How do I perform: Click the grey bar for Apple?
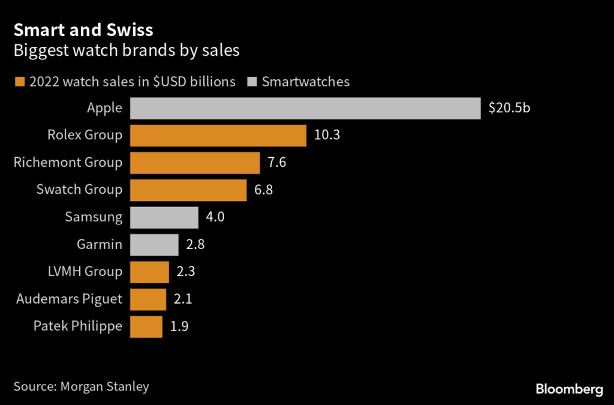click(305, 109)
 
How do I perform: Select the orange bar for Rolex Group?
click(218, 136)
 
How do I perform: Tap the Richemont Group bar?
click(194, 163)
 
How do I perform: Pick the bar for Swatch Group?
click(188, 190)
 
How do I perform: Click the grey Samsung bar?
click(164, 217)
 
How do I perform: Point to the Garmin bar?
click(154, 244)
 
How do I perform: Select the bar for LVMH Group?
click(149, 271)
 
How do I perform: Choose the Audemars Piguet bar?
click(148, 299)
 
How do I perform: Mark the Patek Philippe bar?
click(146, 326)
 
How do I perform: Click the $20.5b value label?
click(509, 109)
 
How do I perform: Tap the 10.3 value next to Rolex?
click(327, 136)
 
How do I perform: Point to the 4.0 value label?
click(215, 217)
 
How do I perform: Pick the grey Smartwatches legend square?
click(252, 82)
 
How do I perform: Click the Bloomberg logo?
click(569, 389)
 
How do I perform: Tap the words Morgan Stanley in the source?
click(104, 386)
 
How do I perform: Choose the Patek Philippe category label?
click(77, 326)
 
